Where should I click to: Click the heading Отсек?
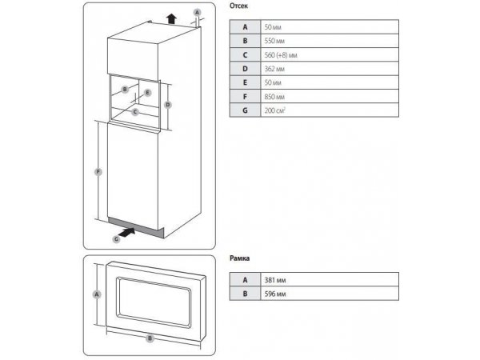click(x=238, y=6)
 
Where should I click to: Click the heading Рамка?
click(x=240, y=258)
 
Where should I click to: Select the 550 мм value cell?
click(x=330, y=41)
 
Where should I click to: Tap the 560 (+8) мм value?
click(x=281, y=55)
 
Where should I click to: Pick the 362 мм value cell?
click(x=330, y=69)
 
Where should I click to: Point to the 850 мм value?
click(x=274, y=97)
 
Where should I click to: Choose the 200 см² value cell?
click(x=330, y=110)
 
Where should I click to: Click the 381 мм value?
click(x=275, y=280)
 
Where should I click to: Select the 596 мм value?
click(x=275, y=294)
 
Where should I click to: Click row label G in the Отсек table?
click(x=246, y=110)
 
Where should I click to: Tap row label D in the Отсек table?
click(x=246, y=69)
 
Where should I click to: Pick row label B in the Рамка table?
click(x=246, y=294)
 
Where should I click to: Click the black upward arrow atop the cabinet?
click(x=172, y=18)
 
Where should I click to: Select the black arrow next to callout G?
click(x=127, y=232)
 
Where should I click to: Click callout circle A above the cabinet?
click(x=198, y=13)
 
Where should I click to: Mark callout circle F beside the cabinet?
click(x=98, y=172)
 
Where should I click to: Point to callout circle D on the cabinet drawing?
click(x=168, y=105)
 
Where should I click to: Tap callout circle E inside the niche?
click(x=147, y=93)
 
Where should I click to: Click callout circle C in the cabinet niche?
click(x=135, y=112)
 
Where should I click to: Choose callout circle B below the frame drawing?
click(x=150, y=338)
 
